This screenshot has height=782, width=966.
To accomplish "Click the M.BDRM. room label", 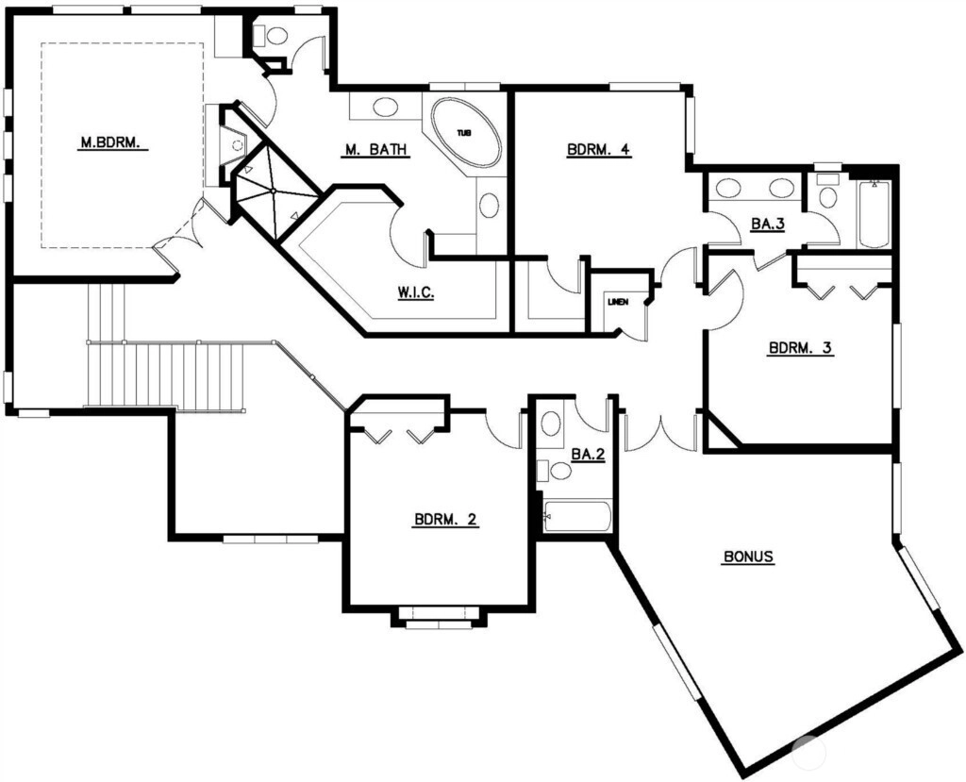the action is (111, 143).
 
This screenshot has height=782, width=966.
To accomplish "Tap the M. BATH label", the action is (375, 149).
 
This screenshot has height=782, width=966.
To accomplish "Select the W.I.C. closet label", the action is (415, 292).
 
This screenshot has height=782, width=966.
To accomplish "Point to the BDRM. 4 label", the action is (599, 149).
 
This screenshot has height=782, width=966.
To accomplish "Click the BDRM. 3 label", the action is (800, 347).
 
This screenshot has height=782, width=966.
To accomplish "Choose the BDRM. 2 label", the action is (445, 520).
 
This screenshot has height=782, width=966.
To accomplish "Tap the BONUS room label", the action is (748, 557).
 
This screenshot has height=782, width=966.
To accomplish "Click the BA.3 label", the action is (768, 224).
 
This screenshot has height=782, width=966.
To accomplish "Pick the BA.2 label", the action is (588, 455).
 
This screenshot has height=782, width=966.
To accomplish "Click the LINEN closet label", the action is (617, 302).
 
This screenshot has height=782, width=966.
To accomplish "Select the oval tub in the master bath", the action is (466, 132).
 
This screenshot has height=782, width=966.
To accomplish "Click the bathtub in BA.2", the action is (576, 516).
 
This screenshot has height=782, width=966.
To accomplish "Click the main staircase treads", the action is (165, 376).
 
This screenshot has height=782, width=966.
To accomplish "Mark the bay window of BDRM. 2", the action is (438, 618).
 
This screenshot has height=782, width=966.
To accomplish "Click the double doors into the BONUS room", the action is (659, 431).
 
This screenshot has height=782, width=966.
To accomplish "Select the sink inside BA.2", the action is (551, 424).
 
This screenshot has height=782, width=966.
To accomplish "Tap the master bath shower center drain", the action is (273, 191).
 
